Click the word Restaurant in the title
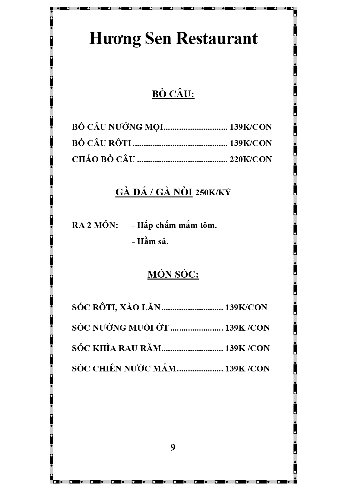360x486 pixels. (217, 39)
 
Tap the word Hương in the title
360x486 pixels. (115, 39)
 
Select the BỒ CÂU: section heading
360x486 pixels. (173, 94)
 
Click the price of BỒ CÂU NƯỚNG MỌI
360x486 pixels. (250, 127)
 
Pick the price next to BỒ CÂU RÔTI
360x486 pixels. (250, 143)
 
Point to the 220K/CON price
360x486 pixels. (250, 159)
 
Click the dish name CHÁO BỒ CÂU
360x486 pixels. (103, 159)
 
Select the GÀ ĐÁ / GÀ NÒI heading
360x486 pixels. (154, 192)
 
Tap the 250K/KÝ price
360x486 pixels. (213, 193)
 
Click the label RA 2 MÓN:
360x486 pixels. (95, 225)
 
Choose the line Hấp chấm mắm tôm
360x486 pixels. (175, 225)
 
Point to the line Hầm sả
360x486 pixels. (150, 241)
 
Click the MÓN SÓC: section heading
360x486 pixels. (173, 274)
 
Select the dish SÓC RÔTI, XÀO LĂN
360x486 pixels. (116, 307)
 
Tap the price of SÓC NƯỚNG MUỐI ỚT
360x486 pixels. (247, 328)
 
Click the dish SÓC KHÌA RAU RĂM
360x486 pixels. (116, 348)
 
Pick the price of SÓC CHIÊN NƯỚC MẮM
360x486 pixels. (247, 368)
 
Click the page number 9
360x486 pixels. (173, 447)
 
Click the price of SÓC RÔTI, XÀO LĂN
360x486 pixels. (246, 307)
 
